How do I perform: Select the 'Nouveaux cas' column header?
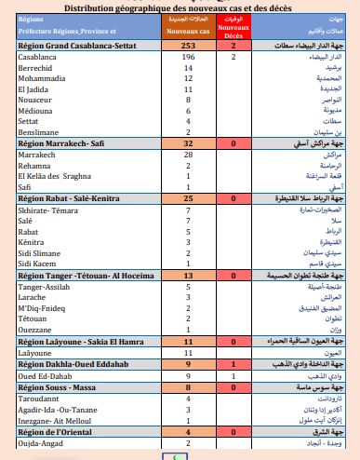click(189, 32)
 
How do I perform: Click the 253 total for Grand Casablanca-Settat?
click(189, 46)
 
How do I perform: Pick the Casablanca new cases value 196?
click(189, 58)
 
